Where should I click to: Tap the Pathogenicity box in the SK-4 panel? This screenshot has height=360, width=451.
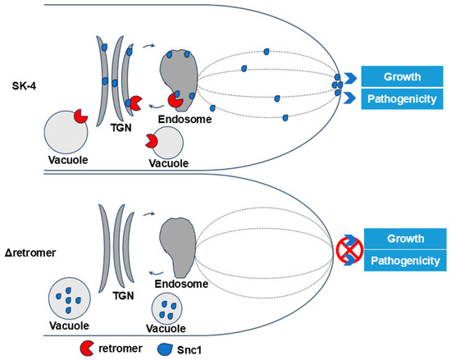(x=403, y=99)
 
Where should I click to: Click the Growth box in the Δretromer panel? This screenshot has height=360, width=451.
(x=403, y=239)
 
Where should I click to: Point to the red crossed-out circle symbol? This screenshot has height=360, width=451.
(x=350, y=249)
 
